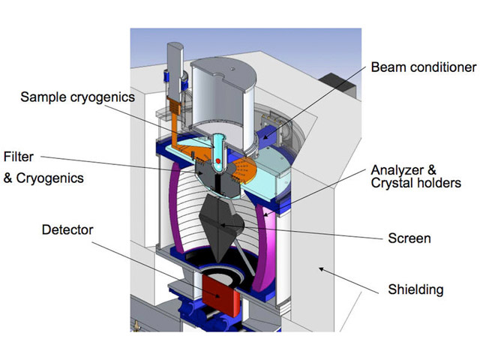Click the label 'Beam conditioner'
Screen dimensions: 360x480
click(x=424, y=67)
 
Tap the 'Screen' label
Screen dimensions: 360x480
click(x=408, y=238)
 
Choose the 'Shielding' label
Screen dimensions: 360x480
click(x=415, y=289)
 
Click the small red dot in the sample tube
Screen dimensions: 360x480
click(x=217, y=160)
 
